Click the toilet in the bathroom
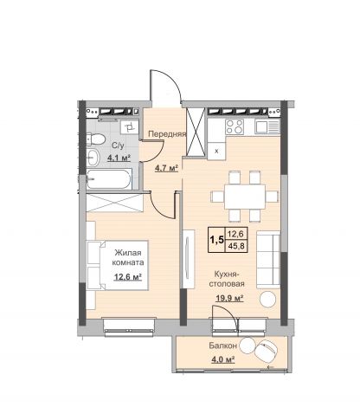(95, 139)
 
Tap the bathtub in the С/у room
(109, 179)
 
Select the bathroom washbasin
(93, 158)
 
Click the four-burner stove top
(235, 126)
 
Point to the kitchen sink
(267, 127)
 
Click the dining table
(245, 197)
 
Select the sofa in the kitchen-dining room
(268, 260)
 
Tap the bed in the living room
(118, 265)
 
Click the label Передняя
(167, 133)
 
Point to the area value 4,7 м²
(166, 168)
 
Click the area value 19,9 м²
(230, 298)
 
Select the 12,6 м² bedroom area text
(128, 277)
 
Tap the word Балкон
(223, 346)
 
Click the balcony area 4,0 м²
(222, 359)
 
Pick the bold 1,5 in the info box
(217, 240)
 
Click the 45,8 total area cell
(235, 246)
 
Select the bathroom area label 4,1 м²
(119, 158)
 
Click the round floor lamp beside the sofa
(267, 299)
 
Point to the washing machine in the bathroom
(129, 127)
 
